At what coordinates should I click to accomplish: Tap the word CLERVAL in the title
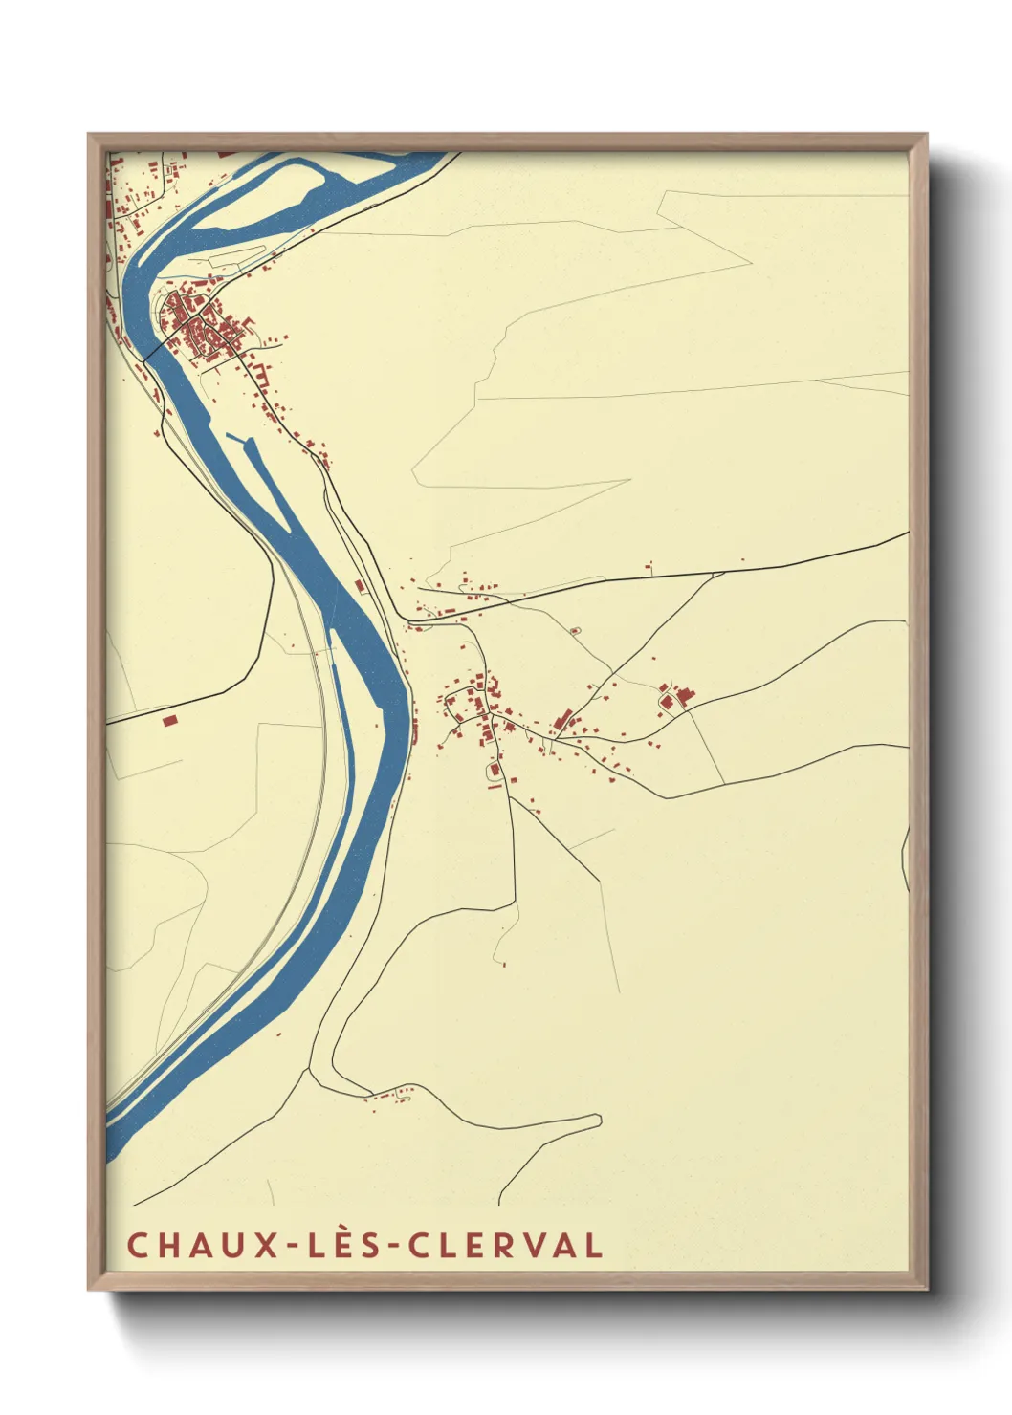pos(505,1245)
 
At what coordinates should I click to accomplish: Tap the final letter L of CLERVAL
pos(594,1245)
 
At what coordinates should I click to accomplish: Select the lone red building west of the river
pos(170,720)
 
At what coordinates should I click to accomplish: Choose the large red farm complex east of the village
pos(677,697)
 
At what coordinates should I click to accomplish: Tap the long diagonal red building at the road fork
pos(564,719)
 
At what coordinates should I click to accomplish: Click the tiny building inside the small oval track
pos(575,630)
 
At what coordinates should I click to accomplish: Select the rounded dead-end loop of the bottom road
pos(595,1120)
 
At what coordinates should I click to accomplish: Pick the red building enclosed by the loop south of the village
pos(495,770)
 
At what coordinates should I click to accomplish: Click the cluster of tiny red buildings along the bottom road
pos(392,1094)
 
